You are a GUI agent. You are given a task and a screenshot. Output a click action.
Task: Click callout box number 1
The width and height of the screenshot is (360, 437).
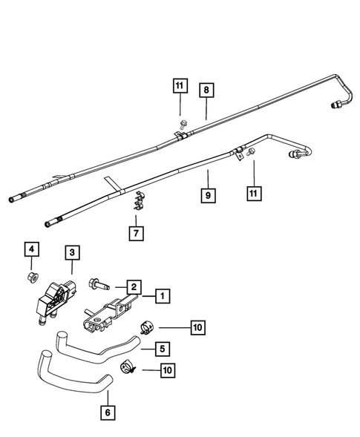click(160, 296)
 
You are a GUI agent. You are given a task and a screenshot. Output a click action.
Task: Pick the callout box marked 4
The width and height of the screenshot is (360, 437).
click(30, 249)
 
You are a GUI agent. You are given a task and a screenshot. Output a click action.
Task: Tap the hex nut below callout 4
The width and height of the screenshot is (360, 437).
click(31, 278)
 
